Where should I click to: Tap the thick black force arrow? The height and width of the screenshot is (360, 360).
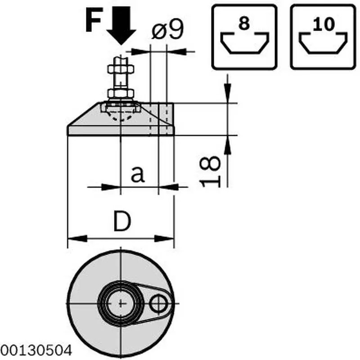click(121, 25)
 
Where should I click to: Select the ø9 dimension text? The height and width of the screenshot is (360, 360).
click(168, 29)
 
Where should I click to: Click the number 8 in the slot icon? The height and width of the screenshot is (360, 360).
click(244, 23)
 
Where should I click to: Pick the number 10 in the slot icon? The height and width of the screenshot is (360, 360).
click(324, 24)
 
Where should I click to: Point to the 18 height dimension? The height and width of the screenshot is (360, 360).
click(210, 171)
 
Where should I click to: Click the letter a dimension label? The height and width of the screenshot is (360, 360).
click(138, 174)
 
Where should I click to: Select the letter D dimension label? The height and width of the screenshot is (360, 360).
click(122, 221)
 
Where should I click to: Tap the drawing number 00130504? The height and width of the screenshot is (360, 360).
click(36, 351)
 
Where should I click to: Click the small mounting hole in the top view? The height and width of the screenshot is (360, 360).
click(158, 303)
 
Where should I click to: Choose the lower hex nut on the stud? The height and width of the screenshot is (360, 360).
click(121, 94)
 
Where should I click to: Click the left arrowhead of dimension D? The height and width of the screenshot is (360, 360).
click(77, 238)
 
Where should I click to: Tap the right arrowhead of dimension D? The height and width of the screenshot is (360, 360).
click(164, 238)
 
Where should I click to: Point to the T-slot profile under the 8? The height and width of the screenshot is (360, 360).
click(244, 43)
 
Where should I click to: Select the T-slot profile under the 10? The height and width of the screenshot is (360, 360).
click(323, 43)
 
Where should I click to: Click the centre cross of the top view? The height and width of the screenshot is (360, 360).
click(121, 303)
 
